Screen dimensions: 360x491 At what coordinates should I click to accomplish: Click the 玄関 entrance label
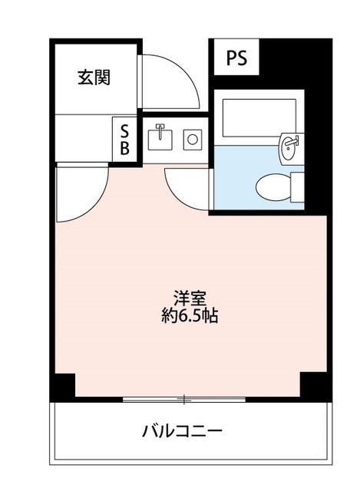[94, 77]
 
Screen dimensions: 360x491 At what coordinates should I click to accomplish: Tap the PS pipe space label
[236, 58]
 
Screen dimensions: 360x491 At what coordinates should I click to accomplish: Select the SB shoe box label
[124, 140]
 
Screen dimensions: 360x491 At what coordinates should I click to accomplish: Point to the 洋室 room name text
[190, 298]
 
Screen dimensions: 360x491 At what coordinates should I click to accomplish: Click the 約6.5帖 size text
[190, 315]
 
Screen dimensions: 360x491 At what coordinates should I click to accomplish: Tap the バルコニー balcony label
[182, 431]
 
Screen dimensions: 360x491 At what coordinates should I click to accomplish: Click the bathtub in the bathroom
[259, 117]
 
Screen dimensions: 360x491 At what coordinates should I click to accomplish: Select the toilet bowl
[273, 187]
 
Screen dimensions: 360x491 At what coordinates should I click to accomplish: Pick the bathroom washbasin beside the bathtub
[289, 148]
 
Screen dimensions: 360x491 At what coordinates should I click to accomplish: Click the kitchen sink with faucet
[160, 137]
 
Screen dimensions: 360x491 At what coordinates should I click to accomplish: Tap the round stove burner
[193, 140]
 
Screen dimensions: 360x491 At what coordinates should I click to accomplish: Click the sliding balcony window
[184, 399]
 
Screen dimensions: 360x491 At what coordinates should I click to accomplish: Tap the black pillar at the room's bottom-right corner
[314, 387]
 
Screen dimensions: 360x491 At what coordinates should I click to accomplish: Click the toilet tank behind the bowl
[297, 186]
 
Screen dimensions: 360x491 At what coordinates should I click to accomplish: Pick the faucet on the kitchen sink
[160, 130]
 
